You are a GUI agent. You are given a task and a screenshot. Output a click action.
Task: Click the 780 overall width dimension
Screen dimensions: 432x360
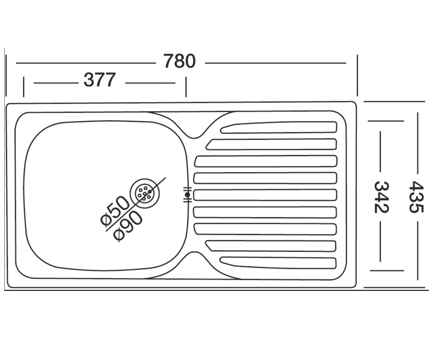click(179, 61)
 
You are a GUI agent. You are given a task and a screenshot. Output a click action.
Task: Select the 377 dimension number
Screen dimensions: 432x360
click(99, 80)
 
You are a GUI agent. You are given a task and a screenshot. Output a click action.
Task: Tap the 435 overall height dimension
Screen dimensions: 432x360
click(417, 197)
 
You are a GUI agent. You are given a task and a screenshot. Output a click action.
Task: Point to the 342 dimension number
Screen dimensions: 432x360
click(382, 197)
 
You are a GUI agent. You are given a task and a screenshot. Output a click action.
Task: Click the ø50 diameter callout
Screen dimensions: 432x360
click(114, 211)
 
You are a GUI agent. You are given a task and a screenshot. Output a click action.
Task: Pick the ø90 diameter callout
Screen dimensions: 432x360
click(128, 227)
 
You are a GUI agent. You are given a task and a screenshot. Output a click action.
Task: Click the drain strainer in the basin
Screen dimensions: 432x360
click(145, 193)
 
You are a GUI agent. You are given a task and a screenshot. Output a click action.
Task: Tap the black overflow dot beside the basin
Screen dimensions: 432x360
click(188, 195)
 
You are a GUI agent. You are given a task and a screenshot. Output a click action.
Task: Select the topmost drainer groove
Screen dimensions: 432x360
click(279, 127)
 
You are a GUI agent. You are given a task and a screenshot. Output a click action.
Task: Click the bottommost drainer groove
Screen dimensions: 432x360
click(278, 263)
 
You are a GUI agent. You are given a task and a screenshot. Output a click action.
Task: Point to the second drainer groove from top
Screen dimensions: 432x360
click(271, 144)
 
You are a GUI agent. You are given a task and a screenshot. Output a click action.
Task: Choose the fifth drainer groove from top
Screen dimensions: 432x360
click(265, 195)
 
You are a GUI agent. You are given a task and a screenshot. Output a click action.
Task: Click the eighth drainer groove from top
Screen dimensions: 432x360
click(271, 246)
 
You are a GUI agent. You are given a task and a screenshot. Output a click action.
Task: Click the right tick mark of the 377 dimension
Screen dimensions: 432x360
click(186, 87)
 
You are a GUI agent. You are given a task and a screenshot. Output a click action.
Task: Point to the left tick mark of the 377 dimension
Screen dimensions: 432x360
click(24, 87)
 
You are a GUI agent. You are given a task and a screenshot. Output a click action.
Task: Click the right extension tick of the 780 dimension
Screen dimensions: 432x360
click(357, 76)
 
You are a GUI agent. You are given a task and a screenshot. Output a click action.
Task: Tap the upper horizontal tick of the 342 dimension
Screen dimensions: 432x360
click(386, 121)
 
